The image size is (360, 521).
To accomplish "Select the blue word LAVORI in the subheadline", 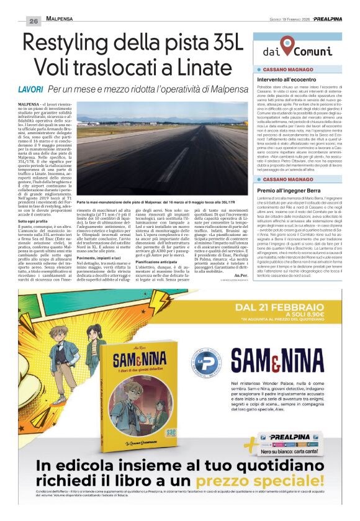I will click(30, 90).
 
